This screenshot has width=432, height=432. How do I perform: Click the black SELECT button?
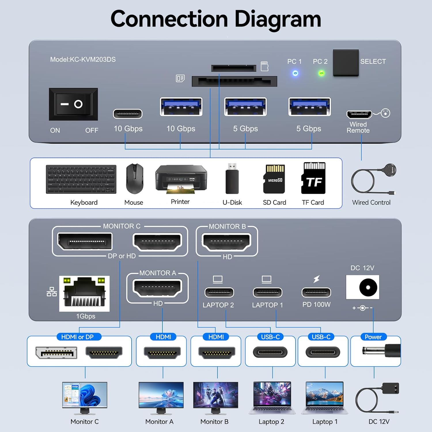coord(346,63)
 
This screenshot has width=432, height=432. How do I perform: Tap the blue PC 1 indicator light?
coord(295,73)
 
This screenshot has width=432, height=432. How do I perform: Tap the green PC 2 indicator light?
coord(321,73)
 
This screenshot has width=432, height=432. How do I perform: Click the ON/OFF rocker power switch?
coord(73,104)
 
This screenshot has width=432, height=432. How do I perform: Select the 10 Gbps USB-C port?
coord(128,114)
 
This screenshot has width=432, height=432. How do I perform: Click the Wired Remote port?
coord(359,114)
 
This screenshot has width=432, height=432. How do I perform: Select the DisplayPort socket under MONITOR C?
coord(85,241)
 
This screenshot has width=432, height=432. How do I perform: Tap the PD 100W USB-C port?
coord(316,292)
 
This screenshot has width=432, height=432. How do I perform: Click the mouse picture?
coord(134,179)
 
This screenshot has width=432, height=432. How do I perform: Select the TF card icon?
coord(313,178)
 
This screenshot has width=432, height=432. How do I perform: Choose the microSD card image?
coord(274,179)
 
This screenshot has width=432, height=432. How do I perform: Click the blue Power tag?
coord(373,337)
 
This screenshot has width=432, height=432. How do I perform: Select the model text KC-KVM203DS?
coord(83,60)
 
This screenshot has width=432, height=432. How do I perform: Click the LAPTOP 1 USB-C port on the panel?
coord(267,292)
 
